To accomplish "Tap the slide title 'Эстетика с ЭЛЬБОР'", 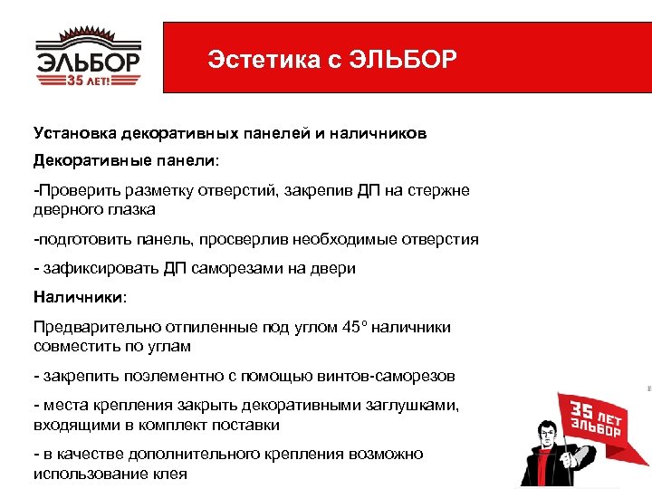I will click(332, 61).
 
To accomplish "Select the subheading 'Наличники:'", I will click(80, 296).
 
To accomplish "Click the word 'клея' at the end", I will click(173, 475).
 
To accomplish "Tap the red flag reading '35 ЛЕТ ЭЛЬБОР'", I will click(593, 419).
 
